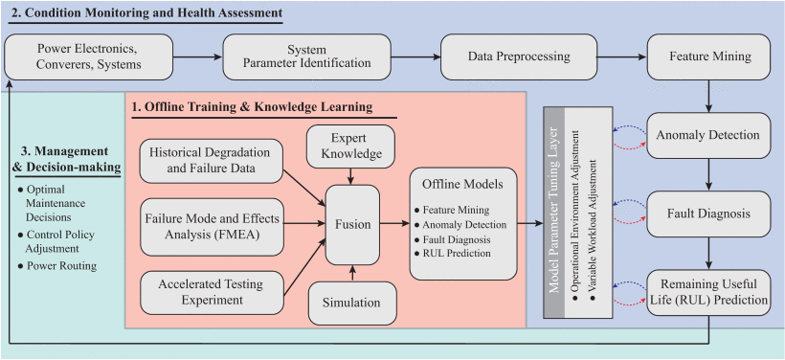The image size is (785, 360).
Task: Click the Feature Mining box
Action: [709, 57]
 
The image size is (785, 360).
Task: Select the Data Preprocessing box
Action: [518, 57]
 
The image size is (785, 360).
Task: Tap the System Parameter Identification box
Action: [306, 57]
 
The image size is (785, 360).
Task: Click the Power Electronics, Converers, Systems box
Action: [88, 57]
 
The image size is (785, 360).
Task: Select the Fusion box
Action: [352, 224]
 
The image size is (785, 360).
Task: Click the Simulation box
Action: [351, 303]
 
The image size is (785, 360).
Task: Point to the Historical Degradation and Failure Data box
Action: [212, 161]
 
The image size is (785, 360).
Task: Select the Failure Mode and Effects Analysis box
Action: [213, 227]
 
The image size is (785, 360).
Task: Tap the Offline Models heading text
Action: [462, 184]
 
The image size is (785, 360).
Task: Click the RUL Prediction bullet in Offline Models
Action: [453, 254]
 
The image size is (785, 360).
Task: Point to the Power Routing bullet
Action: [56, 266]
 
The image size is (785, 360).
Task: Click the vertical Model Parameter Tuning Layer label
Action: [553, 212]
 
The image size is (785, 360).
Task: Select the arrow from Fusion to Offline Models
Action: [394, 224]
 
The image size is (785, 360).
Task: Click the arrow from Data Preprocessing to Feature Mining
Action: [622, 57]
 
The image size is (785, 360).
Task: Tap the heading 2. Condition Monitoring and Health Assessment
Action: [146, 12]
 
